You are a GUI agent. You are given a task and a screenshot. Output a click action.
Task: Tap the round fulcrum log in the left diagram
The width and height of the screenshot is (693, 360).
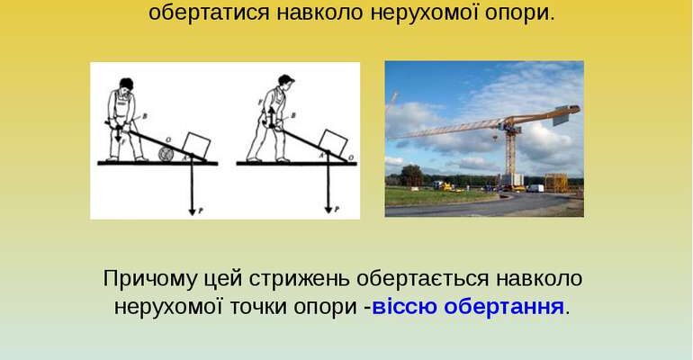pos(166,155)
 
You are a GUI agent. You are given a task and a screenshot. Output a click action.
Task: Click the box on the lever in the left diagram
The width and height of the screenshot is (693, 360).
pos(195,144)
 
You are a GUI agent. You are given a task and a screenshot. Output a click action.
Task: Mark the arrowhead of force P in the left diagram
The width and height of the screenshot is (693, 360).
pos(192,211)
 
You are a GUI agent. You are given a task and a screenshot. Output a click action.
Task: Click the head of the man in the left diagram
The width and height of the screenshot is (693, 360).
pos(126,84)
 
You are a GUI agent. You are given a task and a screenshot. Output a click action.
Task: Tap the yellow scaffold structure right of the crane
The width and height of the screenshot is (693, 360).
pos(556,182)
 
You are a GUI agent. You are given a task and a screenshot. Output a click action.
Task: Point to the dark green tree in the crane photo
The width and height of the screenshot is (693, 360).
pos(411,175)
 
